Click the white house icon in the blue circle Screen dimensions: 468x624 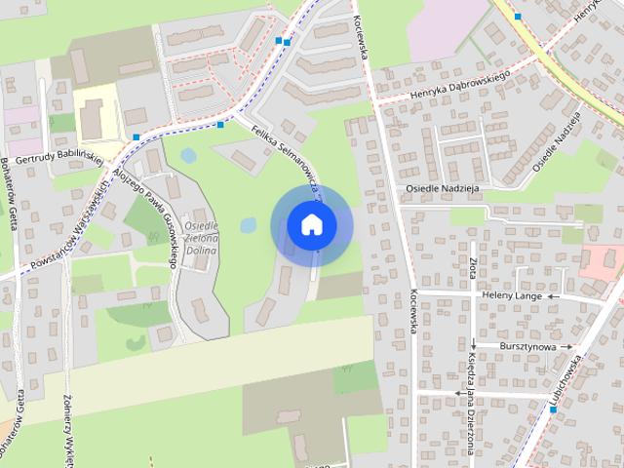(x=311, y=224)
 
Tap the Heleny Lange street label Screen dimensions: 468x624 (x=508, y=295)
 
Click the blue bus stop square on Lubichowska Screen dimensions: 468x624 (x=553, y=409)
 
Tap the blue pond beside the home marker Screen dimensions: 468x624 (x=249, y=225)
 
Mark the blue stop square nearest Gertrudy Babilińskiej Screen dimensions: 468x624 (x=136, y=136)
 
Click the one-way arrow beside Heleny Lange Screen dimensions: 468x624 (x=553, y=296)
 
